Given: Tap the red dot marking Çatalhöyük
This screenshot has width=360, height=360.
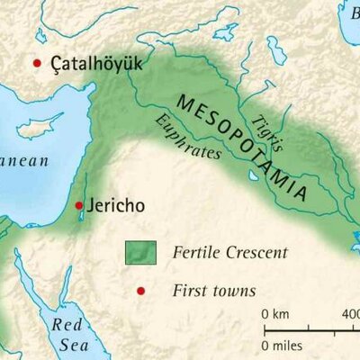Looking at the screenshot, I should coord(37,63).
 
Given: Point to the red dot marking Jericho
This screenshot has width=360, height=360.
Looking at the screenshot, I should coord(80,205).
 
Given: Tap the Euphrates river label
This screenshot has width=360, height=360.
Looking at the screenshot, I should coord(188,137).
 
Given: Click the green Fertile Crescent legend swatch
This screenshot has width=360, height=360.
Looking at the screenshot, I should coord(139,253).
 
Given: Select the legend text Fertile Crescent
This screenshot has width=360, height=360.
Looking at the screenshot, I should coord(229,253).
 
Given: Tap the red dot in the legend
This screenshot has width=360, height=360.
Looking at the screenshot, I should coord(139,291).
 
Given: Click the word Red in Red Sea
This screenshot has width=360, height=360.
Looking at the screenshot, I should coord(67,325).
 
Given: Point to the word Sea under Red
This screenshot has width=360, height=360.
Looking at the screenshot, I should coord(67,346).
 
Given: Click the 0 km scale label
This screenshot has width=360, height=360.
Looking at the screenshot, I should coord(276,314).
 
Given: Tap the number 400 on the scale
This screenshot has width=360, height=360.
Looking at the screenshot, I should coord(349,314).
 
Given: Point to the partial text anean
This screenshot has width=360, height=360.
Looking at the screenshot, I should coord(27,157).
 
